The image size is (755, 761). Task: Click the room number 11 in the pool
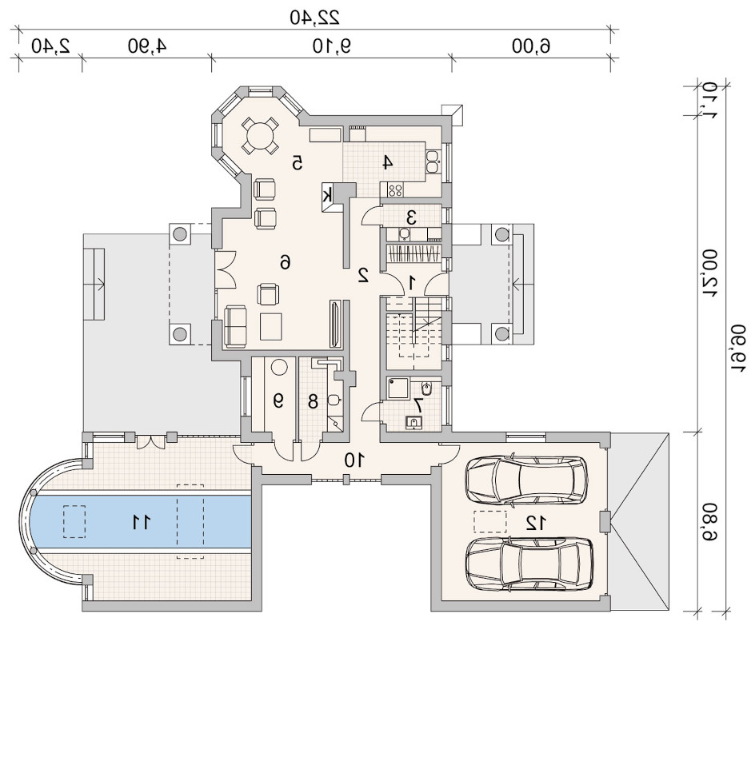(x=142, y=522)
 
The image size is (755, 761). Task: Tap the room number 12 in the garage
(x=537, y=523)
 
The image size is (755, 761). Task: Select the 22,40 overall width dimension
(x=314, y=18)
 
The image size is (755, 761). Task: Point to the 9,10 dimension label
(x=332, y=46)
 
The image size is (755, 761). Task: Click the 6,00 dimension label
(x=531, y=46)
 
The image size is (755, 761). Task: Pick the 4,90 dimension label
(x=147, y=46)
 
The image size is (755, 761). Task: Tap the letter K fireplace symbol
(x=328, y=196)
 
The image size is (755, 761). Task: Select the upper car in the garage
(x=527, y=480)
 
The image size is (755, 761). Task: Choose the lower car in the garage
(x=529, y=564)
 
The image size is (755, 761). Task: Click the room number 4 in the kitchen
(x=387, y=162)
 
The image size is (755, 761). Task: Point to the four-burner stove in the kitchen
(x=395, y=189)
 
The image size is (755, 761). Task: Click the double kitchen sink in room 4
(x=433, y=162)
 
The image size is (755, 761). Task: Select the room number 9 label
(x=278, y=401)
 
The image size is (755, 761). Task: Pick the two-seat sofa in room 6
(x=235, y=326)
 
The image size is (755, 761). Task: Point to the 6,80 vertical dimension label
(x=709, y=522)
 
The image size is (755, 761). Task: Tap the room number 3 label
(x=411, y=217)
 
